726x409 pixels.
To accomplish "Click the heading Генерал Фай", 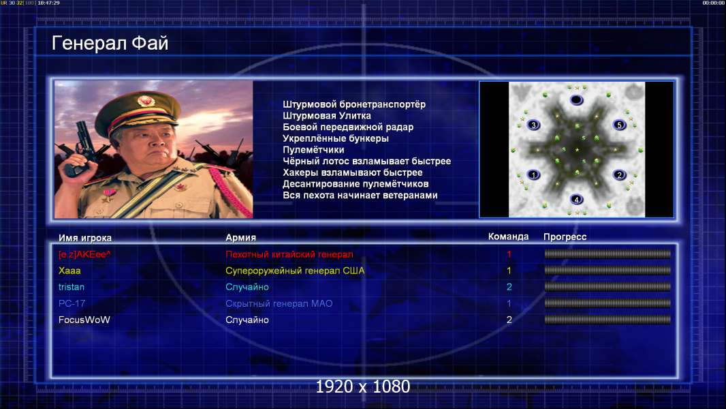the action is pos(110,44).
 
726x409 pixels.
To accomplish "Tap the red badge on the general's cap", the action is pos(145,100).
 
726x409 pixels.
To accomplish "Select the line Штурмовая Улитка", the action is pos(327,116).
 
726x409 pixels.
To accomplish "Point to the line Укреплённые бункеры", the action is pos(336,138).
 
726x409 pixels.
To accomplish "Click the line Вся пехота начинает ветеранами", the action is pos(360,195).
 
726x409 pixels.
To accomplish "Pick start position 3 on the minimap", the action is pos(533,125).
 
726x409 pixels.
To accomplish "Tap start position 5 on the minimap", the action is pos(620,125).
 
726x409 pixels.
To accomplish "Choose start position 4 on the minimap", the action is pos(576,200).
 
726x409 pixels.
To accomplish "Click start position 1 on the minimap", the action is pos(533,175).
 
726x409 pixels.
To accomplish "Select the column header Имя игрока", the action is pos(85,238).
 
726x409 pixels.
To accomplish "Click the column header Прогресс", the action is pos(565,237).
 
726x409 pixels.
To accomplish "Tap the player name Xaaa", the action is pos(69,271).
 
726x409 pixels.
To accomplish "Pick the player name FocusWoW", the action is pos(84,320).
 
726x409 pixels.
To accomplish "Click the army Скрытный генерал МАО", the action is pos(279,303).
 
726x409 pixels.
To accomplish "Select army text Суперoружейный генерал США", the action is pos(295,271).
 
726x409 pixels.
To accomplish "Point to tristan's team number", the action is pos(509,287).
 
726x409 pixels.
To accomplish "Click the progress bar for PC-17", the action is pos(607,303).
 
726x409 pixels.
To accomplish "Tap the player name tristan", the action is pos(72,287).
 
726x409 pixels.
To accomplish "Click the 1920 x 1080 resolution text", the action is pos(363,387).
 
